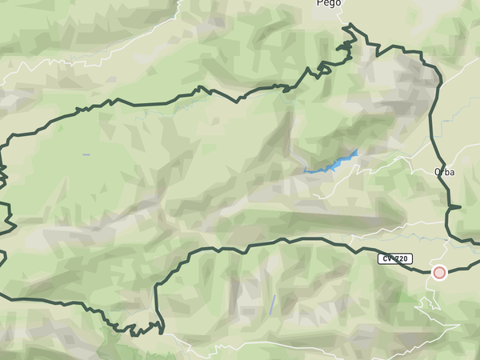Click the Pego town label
pos(328,3)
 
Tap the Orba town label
pos(444,171)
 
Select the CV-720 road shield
pos(396,258)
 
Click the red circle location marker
pos(439,273)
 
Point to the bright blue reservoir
pos(336,162)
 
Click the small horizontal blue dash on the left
pos(86,154)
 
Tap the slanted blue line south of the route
pos(273,303)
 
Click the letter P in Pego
pos(319,3)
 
